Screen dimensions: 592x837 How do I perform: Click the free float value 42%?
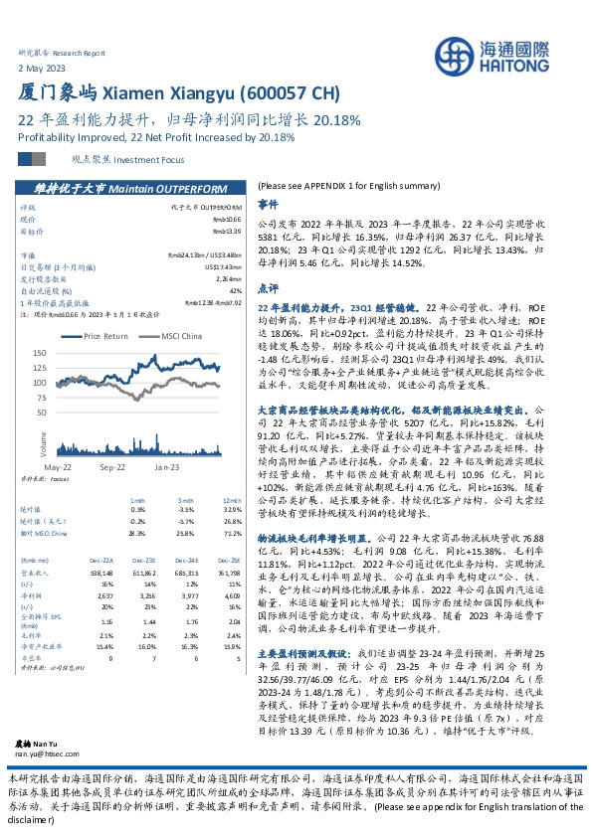[x=235, y=289]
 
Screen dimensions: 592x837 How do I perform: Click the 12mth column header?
[x=234, y=499]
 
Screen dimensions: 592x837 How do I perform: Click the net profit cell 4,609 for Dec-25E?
[x=233, y=594]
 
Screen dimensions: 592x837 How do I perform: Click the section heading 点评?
[x=267, y=286]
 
